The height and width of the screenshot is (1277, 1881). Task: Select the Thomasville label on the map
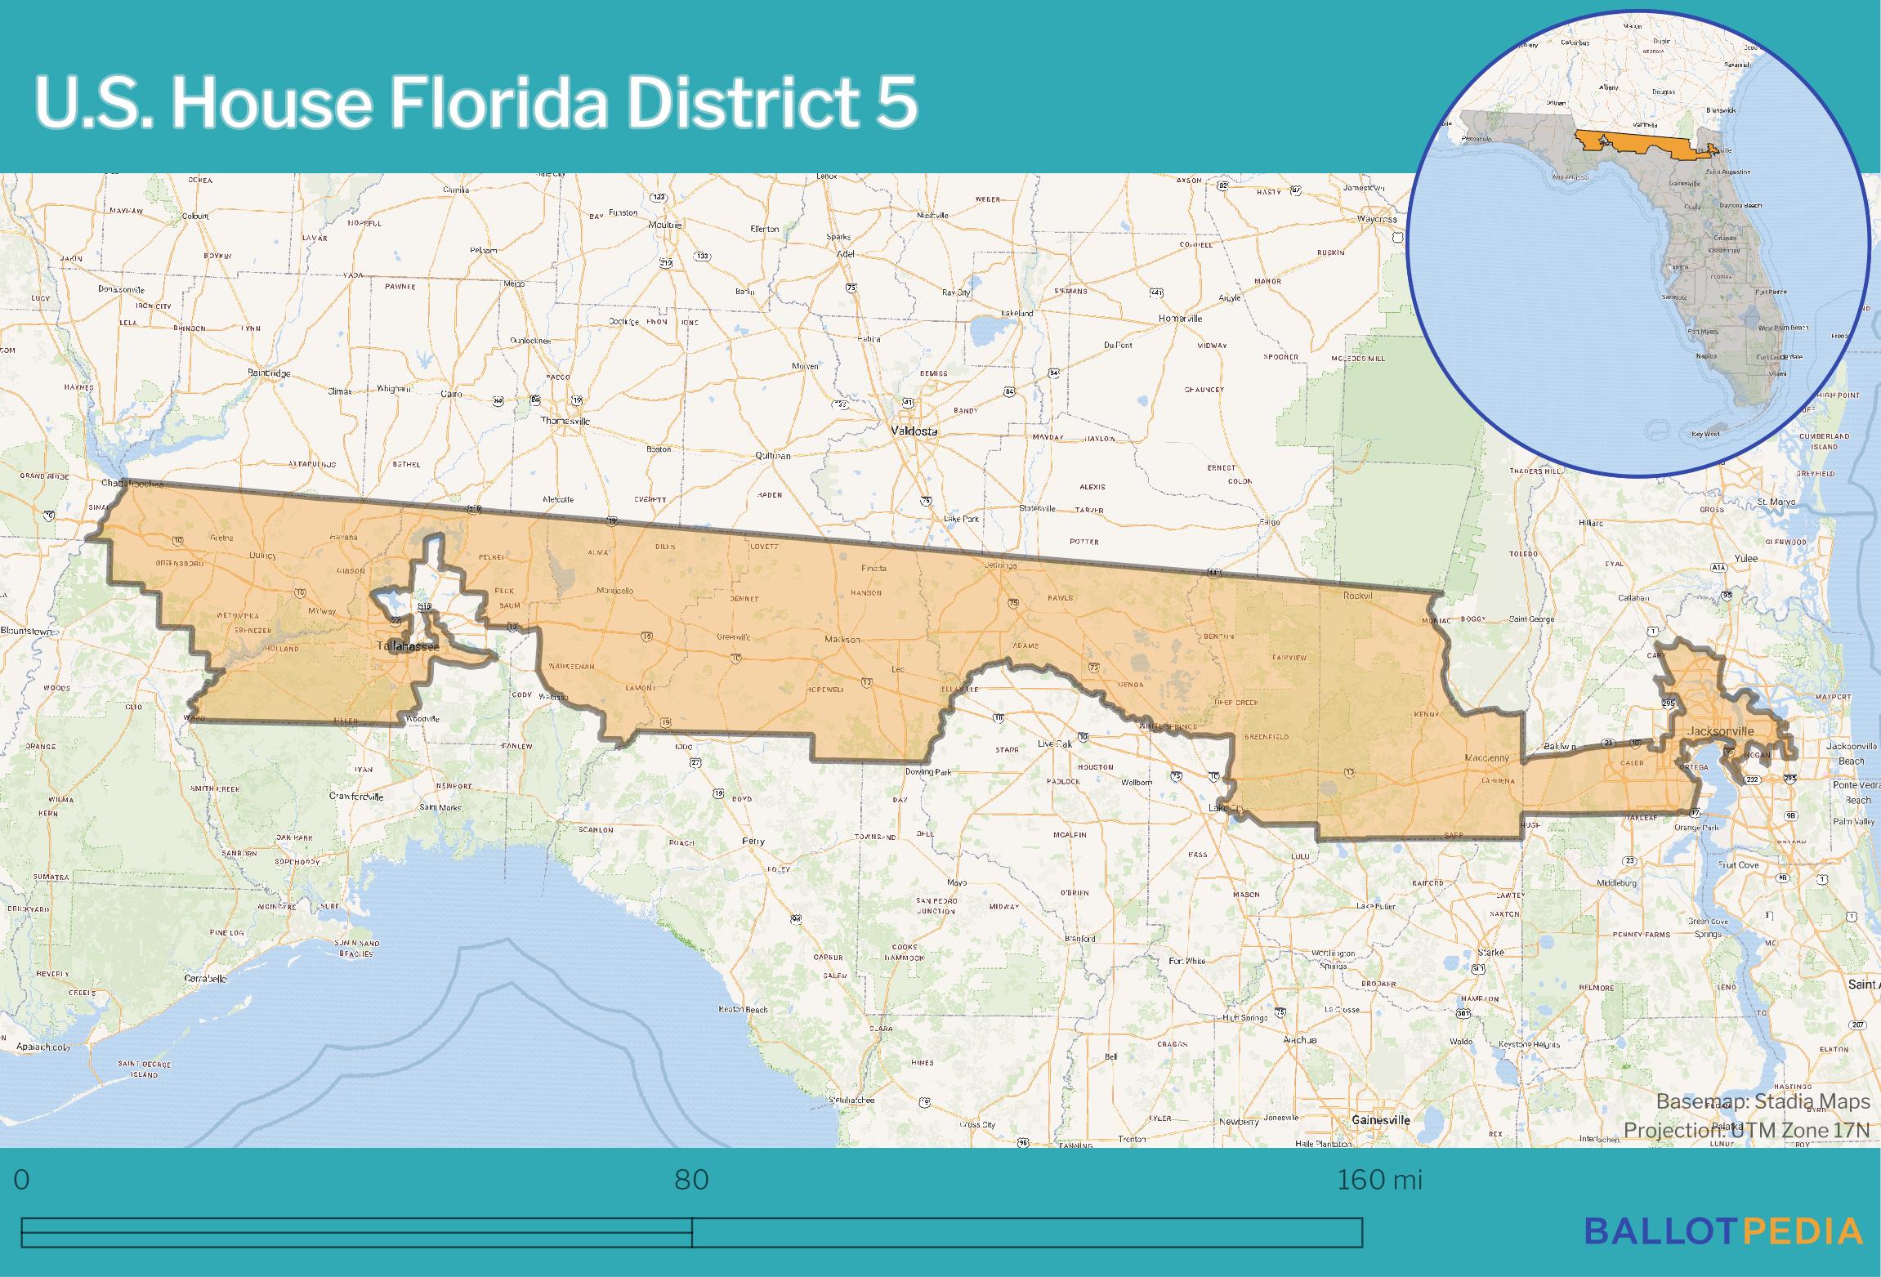[x=565, y=421]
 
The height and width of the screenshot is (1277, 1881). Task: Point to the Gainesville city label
[x=1381, y=1119]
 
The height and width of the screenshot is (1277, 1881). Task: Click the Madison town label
[x=842, y=640]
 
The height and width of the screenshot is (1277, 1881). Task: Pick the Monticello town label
[x=614, y=591]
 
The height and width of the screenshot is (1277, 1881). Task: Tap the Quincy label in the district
[x=262, y=556]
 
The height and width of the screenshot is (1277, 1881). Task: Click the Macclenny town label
[x=1486, y=758]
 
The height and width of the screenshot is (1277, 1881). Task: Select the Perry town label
[x=753, y=841]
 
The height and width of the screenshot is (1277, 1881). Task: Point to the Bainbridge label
[x=269, y=373]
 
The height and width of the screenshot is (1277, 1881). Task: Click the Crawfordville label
[x=356, y=796]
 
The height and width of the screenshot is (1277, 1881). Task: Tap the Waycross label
[x=1377, y=219]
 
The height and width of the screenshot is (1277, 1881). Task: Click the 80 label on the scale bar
[x=691, y=1180]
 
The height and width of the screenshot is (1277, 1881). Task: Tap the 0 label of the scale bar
[x=22, y=1180]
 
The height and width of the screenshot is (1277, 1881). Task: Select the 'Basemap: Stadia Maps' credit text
[x=1763, y=1102]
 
